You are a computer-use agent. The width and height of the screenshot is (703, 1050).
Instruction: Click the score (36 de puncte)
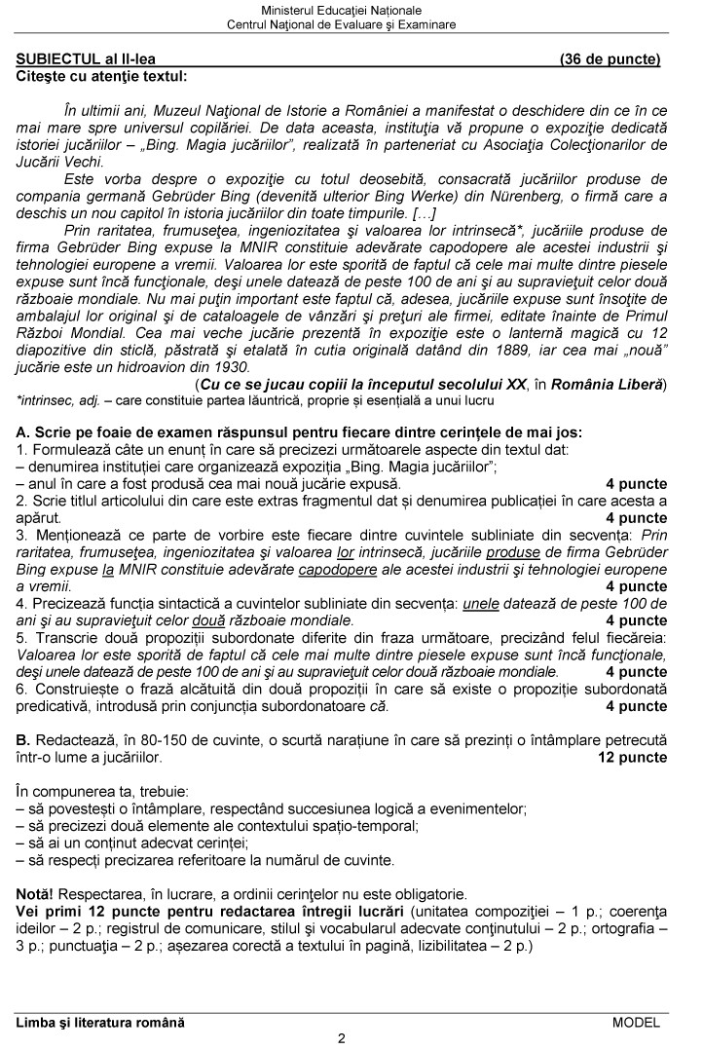tap(610, 59)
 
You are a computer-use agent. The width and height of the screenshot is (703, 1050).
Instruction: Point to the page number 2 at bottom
tap(342, 1037)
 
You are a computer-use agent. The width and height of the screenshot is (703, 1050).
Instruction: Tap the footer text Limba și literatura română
tap(100, 1022)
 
